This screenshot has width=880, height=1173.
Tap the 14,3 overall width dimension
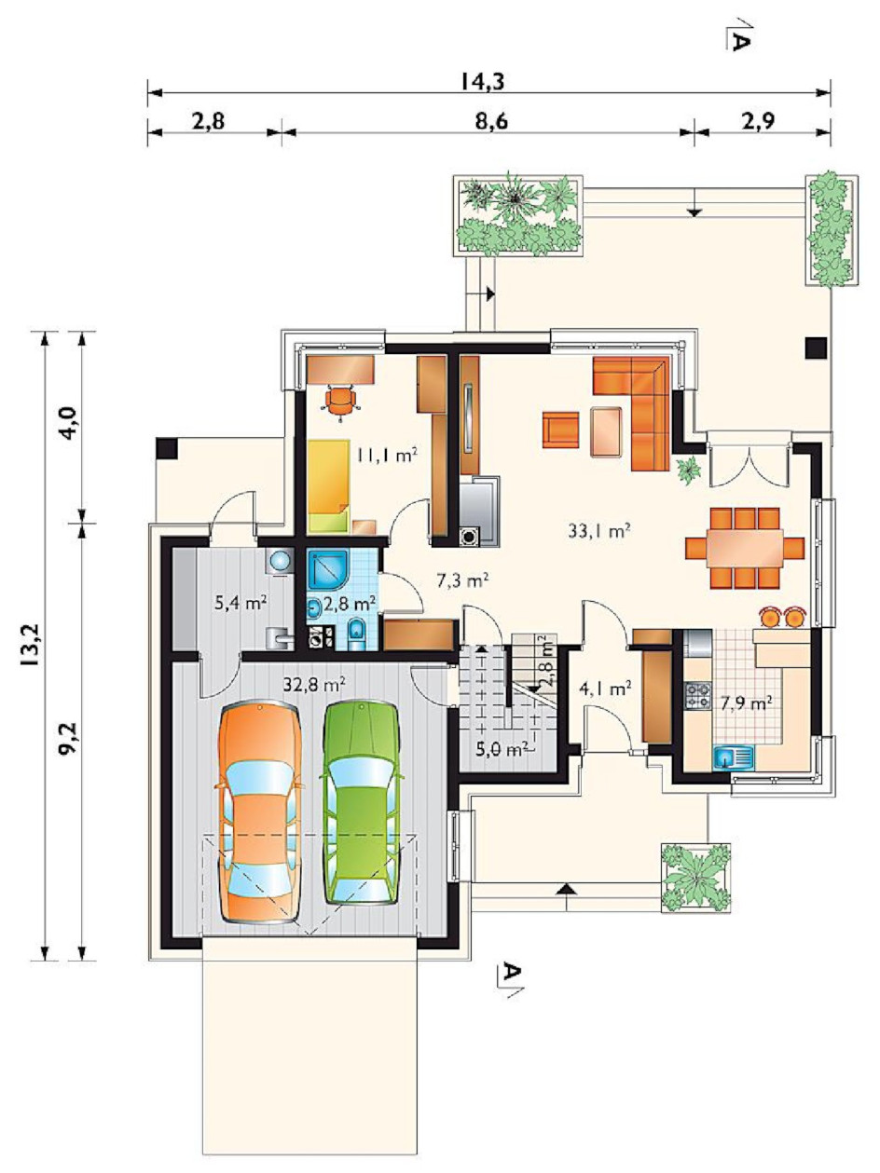(482, 82)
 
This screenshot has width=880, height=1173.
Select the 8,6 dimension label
(491, 122)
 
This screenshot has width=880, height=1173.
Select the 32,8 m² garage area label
(314, 685)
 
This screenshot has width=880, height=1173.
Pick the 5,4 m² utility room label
(241, 604)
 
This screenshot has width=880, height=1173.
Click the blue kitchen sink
(733, 757)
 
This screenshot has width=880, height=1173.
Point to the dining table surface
(745, 548)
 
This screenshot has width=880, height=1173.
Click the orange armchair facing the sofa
(560, 430)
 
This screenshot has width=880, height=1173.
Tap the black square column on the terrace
(817, 348)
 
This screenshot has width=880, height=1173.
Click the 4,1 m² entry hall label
(605, 689)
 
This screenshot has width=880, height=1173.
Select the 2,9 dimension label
(758, 122)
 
